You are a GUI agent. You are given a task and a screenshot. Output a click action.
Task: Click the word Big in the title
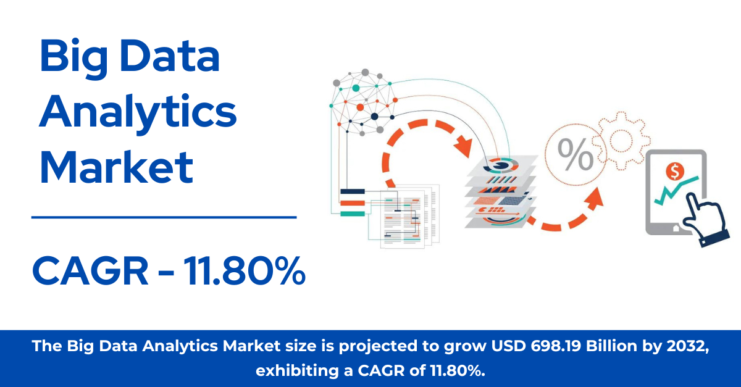coord(73,59)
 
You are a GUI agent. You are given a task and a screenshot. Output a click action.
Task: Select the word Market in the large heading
coord(116,167)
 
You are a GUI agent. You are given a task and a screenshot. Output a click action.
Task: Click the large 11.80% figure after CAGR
coord(244,270)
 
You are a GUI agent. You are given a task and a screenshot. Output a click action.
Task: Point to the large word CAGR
coord(90,270)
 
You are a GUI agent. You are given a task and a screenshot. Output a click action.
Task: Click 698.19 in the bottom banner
coord(556,346)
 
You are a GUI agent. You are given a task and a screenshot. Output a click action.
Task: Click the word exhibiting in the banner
coord(297,370)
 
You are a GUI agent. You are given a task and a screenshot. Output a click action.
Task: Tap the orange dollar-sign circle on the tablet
coord(675,172)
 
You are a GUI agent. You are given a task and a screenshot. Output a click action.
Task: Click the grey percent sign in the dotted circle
coord(576,154)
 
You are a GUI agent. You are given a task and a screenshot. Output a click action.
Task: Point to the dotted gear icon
coord(621,141)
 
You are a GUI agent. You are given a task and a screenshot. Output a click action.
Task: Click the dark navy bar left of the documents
coord(353,191)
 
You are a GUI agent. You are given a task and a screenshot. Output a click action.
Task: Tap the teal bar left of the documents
coord(353,214)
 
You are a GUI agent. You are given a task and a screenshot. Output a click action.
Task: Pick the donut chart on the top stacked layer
coord(502,165)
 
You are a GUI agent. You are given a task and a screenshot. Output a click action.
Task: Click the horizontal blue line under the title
coord(164,217)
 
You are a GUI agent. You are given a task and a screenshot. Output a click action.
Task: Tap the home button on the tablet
coord(676,228)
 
